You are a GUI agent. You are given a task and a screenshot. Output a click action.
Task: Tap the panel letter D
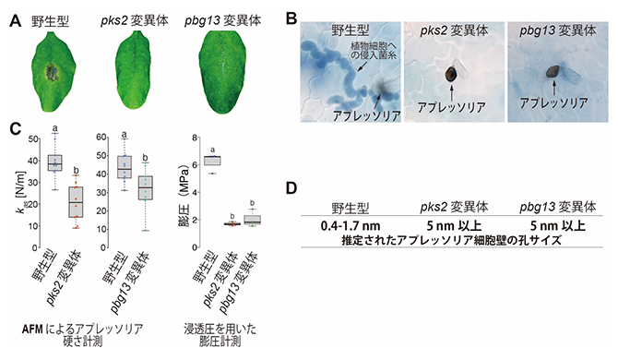click(x=293, y=187)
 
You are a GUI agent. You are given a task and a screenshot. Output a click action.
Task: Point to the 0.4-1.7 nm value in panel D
click(x=349, y=224)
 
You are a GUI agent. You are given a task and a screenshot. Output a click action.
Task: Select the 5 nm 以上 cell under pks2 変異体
click(x=452, y=224)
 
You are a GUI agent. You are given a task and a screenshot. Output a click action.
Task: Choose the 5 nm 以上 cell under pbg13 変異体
click(x=555, y=224)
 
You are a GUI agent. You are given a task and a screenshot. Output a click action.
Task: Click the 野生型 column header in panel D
click(x=349, y=205)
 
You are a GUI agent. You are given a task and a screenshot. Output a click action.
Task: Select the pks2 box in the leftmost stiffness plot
click(x=78, y=202)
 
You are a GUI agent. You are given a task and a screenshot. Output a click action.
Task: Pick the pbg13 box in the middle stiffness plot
click(x=146, y=187)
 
